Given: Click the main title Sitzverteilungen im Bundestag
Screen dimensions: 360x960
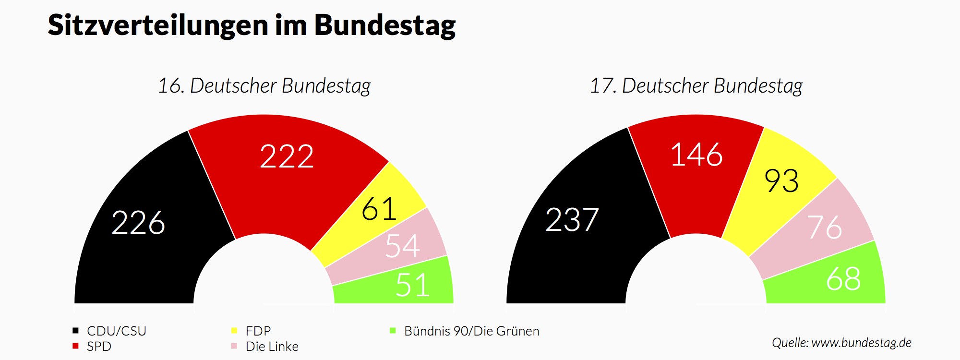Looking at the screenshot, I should [252, 25].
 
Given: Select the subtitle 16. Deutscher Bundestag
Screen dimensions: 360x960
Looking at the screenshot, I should [264, 86].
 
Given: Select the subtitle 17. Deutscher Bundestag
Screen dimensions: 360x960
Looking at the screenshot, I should [696, 86].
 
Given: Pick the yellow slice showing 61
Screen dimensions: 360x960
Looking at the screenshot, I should [379, 209].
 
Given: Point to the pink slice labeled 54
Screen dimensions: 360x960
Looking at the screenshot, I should [402, 246].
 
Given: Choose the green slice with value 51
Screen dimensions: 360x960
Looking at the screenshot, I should [412, 285].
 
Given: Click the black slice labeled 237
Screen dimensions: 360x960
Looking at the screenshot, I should [572, 220].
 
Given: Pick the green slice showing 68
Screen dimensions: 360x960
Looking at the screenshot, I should [843, 279].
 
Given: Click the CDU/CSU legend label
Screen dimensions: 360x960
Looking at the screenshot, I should [116, 331].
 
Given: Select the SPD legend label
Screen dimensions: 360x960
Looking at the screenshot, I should [99, 346].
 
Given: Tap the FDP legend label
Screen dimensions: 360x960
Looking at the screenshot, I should [258, 331].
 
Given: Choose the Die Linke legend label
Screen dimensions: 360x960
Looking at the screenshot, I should [272, 346].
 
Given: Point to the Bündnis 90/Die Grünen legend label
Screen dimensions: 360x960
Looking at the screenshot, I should [471, 331].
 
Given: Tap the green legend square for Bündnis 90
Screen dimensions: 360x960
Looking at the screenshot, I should [393, 330].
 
